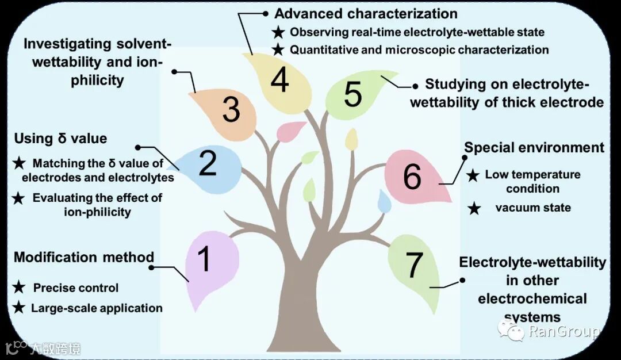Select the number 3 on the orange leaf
click(x=231, y=109)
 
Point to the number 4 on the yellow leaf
click(x=279, y=80)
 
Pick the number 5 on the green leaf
click(x=353, y=94)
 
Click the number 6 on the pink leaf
click(x=412, y=177)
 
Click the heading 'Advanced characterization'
click(x=366, y=14)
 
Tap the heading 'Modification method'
click(x=84, y=257)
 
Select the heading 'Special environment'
click(x=534, y=148)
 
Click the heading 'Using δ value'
click(x=60, y=138)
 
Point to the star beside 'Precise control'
click(x=19, y=288)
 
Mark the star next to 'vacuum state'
click(x=474, y=208)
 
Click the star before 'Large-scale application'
click(x=19, y=308)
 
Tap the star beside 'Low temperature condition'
click(x=473, y=175)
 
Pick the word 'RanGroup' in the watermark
click(x=563, y=331)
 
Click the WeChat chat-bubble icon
click(x=511, y=330)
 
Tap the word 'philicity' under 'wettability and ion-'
click(x=97, y=79)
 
